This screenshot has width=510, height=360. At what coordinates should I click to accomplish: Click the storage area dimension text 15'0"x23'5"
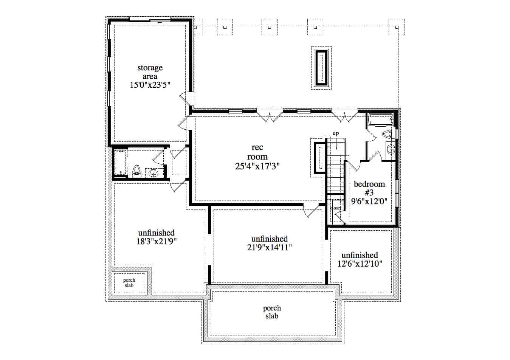tap(150, 85)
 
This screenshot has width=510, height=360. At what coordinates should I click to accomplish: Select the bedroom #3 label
tap(369, 188)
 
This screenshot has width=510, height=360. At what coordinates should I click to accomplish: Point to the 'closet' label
tap(336, 208)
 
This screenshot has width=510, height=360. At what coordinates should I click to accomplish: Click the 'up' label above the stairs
tap(335, 133)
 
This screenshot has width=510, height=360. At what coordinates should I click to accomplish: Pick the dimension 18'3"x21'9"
tap(157, 241)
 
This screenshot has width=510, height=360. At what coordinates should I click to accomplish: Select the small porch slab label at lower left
tap(129, 283)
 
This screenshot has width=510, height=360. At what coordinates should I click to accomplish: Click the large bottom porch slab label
tap(272, 312)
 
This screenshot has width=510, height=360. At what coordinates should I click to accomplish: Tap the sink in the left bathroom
tap(153, 173)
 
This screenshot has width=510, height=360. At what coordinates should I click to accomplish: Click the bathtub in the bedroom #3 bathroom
tap(380, 120)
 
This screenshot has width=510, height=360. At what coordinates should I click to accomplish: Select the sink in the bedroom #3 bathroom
tap(391, 149)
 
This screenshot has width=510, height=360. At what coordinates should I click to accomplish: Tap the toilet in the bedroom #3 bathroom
tap(388, 134)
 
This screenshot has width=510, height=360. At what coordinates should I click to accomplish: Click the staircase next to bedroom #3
tap(336, 166)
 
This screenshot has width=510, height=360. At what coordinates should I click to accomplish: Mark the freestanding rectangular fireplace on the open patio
tap(321, 68)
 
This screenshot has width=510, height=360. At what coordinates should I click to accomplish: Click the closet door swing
tap(338, 218)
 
